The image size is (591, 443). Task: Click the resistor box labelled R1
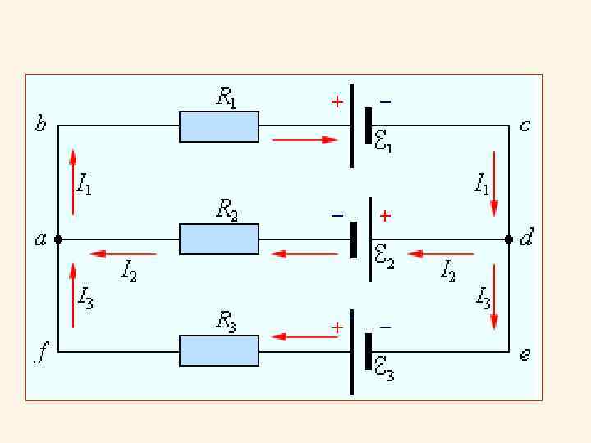(219, 126)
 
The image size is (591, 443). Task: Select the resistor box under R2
(219, 239)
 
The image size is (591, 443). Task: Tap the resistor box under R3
(219, 350)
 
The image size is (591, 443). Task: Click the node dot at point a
(58, 240)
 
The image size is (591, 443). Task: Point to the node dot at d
(509, 240)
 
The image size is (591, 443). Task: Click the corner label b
(40, 126)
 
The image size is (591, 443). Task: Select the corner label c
(525, 126)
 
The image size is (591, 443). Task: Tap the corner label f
(39, 355)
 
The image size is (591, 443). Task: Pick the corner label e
(525, 355)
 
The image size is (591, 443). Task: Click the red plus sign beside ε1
(337, 102)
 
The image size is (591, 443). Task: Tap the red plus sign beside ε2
(385, 216)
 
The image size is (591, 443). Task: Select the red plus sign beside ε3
(337, 327)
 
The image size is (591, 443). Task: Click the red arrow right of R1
(305, 140)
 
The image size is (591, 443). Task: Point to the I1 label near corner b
(84, 185)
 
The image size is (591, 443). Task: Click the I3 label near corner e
(483, 296)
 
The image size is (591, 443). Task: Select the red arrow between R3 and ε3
(305, 336)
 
